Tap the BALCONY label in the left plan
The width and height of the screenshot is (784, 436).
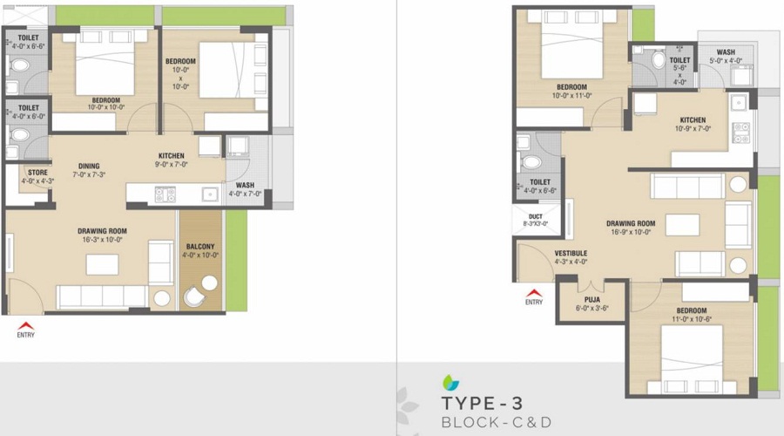click(x=200, y=247)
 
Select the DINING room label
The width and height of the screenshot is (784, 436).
click(x=88, y=166)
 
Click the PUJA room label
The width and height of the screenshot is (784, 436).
click(x=591, y=299)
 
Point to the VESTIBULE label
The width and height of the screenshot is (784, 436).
click(x=571, y=253)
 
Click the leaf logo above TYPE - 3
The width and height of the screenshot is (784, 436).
click(x=449, y=382)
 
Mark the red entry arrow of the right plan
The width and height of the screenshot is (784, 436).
click(x=534, y=294)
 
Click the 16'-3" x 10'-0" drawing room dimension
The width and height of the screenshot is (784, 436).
click(x=91, y=238)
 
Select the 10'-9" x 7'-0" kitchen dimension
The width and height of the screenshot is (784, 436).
click(x=693, y=128)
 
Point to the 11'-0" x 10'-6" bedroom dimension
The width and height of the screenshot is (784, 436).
click(x=692, y=318)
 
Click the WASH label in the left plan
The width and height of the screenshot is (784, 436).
click(x=245, y=185)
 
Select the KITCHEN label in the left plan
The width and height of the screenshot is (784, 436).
click(x=171, y=156)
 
